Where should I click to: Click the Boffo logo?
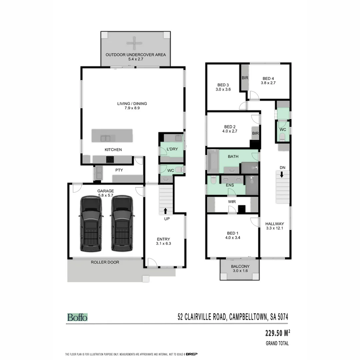tap(77, 317)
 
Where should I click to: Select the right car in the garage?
tap(122, 223)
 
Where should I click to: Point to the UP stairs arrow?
tap(165, 211)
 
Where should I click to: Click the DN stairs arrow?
tap(282, 174)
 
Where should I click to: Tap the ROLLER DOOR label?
tap(105, 262)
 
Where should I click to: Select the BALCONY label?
tap(240, 266)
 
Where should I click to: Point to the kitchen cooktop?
tap(110, 160)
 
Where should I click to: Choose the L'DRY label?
tap(172, 149)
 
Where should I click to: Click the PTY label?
tap(119, 170)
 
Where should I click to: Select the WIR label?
tap(232, 202)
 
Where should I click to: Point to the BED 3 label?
tap(223, 85)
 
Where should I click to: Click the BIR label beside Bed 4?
tap(244, 78)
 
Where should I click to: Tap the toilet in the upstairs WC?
tap(282, 136)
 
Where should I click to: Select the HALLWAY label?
tap(275, 224)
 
